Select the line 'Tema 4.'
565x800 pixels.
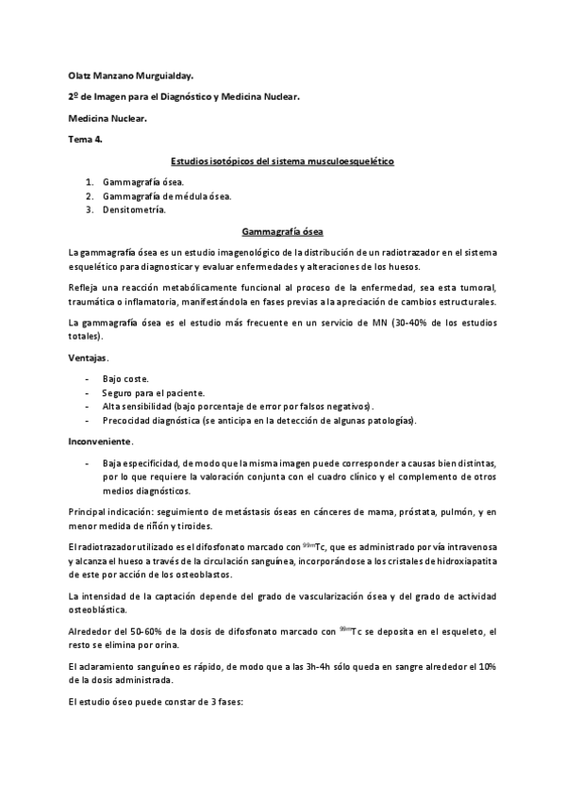pos(87,140)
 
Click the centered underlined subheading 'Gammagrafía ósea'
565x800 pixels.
pos(282,231)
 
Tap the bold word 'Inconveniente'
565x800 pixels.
pos(100,442)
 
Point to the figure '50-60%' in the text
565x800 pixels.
pos(139,630)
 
